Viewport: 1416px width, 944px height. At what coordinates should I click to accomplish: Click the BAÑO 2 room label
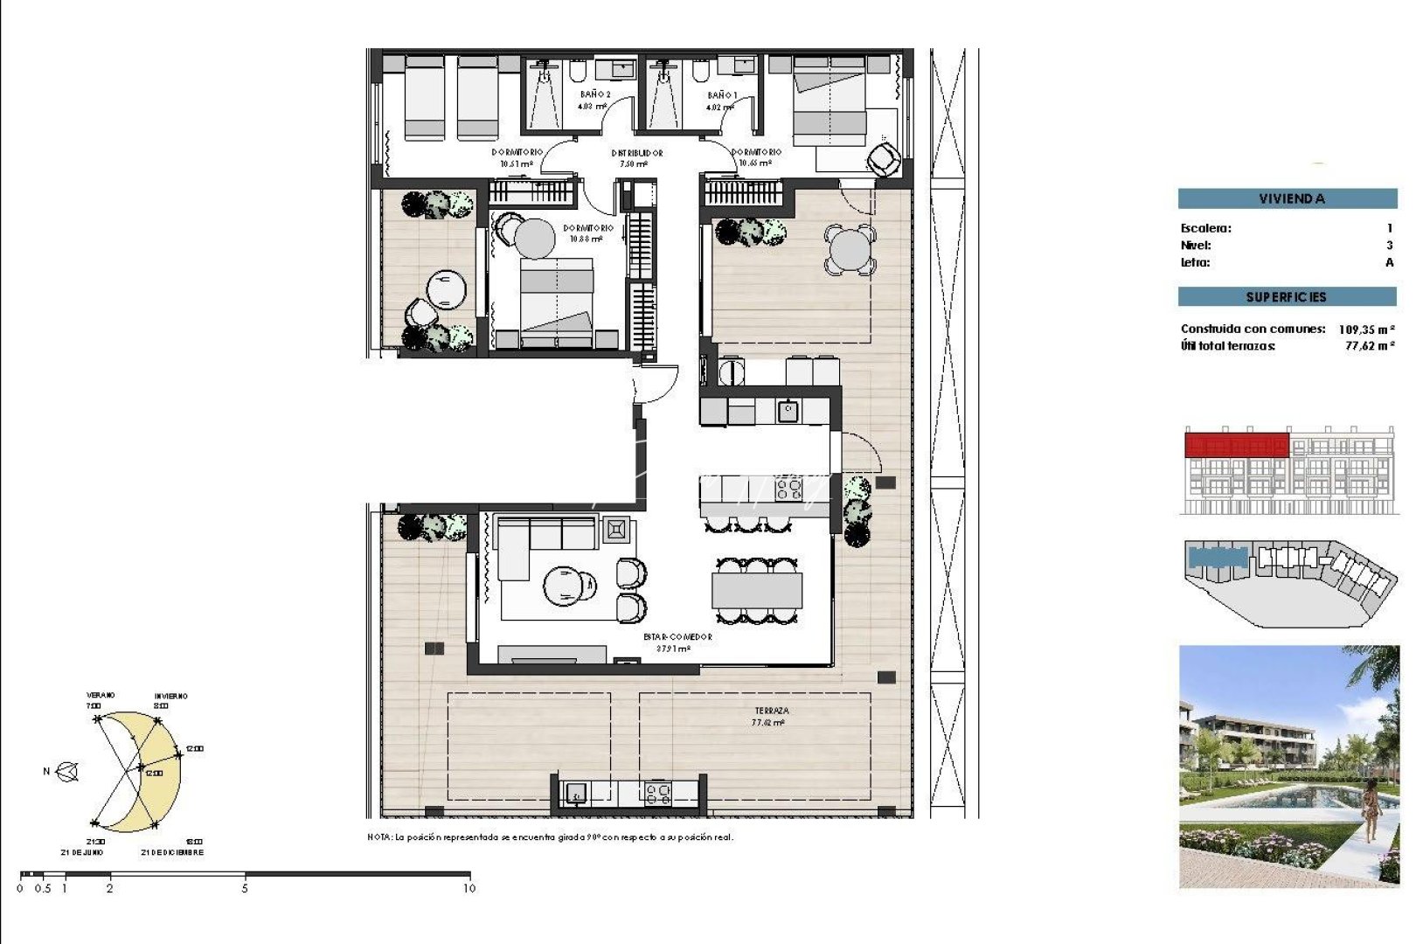(x=594, y=94)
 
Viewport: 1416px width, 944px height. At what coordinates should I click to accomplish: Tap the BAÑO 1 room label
(x=722, y=95)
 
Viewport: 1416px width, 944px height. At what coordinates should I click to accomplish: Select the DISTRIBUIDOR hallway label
(x=636, y=153)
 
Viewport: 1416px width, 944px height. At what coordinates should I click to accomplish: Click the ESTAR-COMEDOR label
(x=677, y=637)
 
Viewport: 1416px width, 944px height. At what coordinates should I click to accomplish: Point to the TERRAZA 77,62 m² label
(x=770, y=717)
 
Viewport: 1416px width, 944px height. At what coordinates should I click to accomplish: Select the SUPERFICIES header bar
(x=1287, y=297)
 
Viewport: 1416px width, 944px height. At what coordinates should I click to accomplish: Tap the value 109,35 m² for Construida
(x=1365, y=330)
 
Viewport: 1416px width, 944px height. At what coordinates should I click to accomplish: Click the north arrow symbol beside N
(x=67, y=772)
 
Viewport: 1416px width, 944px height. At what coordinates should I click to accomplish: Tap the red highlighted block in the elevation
(x=1236, y=445)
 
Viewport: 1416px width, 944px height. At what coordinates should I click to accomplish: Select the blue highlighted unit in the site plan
(x=1218, y=558)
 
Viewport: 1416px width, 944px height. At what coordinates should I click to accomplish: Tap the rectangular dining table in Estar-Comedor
(x=757, y=591)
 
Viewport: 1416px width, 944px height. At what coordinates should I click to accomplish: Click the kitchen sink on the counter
(x=788, y=410)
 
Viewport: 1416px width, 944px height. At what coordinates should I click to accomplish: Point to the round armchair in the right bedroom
(x=884, y=159)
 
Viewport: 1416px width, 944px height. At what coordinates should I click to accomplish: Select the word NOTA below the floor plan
(x=378, y=837)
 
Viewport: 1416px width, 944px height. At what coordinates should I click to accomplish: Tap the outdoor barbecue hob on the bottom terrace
(x=657, y=793)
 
